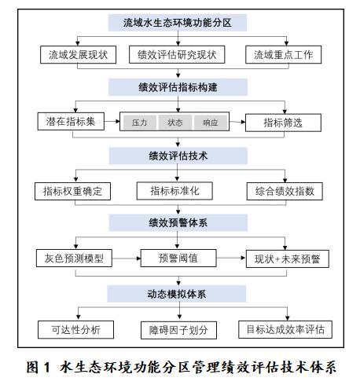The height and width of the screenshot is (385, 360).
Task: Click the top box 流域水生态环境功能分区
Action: click(178, 23)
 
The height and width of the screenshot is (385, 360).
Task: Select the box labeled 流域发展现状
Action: click(78, 55)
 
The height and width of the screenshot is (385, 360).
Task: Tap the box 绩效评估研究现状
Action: click(177, 55)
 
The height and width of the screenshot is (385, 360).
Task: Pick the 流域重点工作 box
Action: click(283, 55)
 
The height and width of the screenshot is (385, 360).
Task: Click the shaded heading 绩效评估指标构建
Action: click(178, 87)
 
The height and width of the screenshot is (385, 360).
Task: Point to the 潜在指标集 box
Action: click(71, 122)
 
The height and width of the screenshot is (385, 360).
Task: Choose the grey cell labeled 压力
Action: click(140, 123)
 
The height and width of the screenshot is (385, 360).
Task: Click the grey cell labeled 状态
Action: click(175, 123)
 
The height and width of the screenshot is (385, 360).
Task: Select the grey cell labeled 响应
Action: click(211, 123)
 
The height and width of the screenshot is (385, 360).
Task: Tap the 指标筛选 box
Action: click(283, 123)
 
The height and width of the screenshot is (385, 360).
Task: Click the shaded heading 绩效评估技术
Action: click(178, 156)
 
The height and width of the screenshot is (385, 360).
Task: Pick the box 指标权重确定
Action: click(72, 191)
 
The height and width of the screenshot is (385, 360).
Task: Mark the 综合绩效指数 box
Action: click(285, 191)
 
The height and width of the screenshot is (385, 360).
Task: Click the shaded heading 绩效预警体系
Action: click(178, 223)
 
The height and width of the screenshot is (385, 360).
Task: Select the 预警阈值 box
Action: click(178, 258)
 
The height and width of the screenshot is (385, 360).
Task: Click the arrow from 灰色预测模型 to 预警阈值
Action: click(127, 258)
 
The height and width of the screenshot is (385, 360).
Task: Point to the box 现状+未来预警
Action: click(288, 258)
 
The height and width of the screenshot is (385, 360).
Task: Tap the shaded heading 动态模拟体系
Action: click(177, 294)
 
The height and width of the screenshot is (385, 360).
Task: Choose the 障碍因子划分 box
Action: click(178, 330)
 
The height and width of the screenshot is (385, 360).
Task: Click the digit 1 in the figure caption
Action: click(46, 367)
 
